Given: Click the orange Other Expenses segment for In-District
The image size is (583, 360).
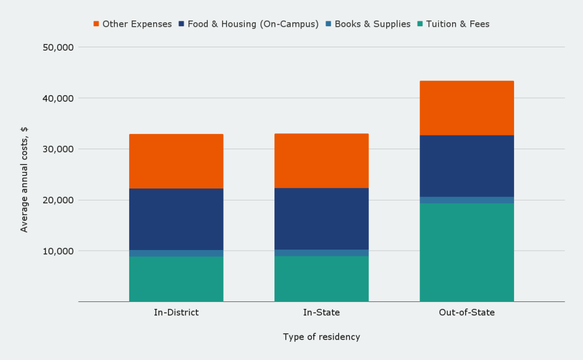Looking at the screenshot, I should [176, 161].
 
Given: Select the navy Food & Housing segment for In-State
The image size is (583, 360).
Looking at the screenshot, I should [321, 219].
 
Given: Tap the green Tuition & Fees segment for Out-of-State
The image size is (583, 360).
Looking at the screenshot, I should [466, 252].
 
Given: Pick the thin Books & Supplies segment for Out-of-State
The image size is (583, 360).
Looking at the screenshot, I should [466, 200].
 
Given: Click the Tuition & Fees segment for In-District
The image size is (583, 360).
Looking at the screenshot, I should [176, 279].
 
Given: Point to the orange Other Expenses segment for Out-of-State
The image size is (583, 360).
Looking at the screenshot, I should [466, 108].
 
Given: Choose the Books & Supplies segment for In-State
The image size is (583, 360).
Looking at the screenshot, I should [321, 253].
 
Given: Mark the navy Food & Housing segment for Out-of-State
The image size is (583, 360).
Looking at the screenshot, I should [466, 166].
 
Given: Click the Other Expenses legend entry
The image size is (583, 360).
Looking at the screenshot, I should [133, 24].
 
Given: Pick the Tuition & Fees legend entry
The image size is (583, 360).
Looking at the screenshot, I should [453, 24].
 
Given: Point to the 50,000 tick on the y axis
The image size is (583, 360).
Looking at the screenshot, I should [58, 47].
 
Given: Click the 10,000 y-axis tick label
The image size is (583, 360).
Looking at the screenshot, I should [58, 251].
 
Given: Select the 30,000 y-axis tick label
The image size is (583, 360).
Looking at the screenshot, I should [58, 149].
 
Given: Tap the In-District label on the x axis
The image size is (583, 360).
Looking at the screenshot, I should [176, 313].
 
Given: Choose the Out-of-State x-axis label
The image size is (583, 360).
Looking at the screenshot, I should [466, 313].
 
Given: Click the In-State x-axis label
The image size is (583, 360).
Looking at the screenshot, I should [321, 313].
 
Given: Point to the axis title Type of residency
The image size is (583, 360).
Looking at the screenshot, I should [321, 337].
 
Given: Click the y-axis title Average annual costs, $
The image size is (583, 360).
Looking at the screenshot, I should [24, 179].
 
